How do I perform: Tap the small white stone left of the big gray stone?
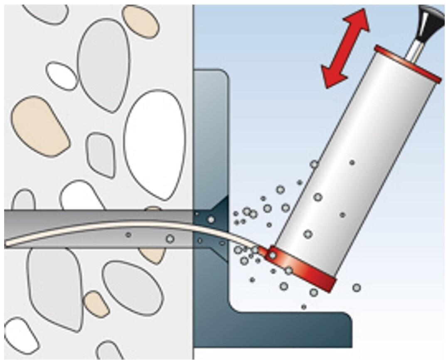tap(62, 75)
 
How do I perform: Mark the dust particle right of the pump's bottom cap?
tap(356, 287)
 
